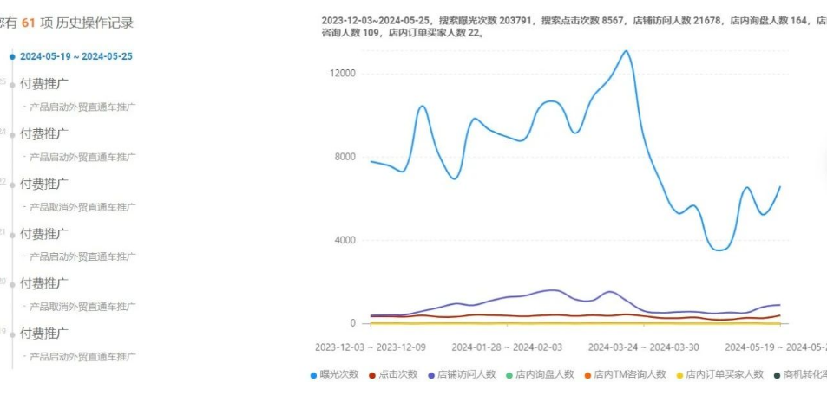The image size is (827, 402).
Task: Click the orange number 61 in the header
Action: [28, 23]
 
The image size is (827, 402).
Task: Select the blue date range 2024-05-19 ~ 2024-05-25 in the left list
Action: [76, 56]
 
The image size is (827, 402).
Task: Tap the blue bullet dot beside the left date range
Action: [12, 56]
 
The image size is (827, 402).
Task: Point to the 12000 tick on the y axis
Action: [343, 74]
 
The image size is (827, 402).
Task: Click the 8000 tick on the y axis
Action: [345, 157]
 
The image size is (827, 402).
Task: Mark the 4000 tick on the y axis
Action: [345, 240]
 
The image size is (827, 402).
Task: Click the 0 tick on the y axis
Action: [352, 323]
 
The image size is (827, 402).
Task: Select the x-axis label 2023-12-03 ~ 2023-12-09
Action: [371, 347]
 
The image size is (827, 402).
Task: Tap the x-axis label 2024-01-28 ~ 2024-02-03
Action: [507, 347]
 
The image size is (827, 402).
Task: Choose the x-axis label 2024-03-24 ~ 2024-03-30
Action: [643, 347]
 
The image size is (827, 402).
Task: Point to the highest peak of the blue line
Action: [626, 51]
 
